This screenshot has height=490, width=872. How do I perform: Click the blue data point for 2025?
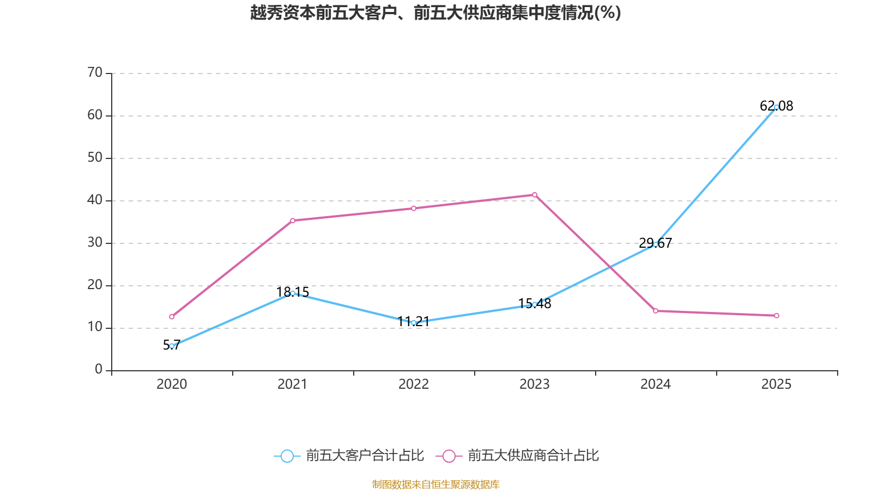[776, 107]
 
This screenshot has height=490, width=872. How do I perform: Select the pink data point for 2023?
[535, 194]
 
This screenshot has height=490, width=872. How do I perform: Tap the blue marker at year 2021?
[293, 293]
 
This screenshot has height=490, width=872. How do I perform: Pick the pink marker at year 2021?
[293, 220]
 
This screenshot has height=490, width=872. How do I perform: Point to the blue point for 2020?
[172, 346]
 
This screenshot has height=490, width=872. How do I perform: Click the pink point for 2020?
[172, 316]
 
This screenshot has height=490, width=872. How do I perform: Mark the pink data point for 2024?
[656, 311]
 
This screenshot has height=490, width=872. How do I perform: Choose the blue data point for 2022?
[414, 323]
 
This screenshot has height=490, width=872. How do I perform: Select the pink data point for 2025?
[776, 316]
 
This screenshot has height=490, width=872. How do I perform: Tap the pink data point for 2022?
[414, 208]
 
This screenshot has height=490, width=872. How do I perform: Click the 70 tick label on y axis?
[95, 72]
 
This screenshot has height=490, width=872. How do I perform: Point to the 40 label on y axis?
[95, 200]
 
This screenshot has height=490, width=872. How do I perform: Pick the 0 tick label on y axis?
[99, 370]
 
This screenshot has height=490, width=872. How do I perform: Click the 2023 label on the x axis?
[535, 384]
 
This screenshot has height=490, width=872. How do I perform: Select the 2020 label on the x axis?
[172, 384]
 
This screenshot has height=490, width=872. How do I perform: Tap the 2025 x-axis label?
[776, 384]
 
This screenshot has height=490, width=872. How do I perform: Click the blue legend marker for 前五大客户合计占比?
[287, 456]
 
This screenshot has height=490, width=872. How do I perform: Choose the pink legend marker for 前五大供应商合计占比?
[449, 456]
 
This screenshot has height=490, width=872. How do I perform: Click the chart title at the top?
[435, 13]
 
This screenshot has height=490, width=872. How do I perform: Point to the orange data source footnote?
[435, 484]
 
